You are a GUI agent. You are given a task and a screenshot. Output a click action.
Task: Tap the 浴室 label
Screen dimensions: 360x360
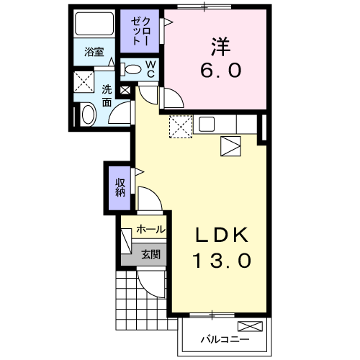94,52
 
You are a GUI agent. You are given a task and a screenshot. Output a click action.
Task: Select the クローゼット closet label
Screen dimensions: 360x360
139,31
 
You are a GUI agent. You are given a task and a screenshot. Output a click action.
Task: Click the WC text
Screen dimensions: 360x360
151,69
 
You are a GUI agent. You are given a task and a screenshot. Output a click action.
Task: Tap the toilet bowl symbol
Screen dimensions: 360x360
132,69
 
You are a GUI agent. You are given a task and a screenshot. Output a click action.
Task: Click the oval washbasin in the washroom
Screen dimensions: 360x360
87,114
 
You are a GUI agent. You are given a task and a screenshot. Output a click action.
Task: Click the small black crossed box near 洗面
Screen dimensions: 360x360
126,91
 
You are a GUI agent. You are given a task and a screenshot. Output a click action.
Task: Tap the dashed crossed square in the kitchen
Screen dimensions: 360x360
179,127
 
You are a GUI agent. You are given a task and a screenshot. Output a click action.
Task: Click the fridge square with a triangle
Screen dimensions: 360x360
231,147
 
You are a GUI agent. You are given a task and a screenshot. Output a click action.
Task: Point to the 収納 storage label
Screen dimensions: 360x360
120,186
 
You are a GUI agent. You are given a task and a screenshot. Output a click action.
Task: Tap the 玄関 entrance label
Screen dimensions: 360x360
150,253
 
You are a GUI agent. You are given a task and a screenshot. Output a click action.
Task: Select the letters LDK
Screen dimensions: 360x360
222,235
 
